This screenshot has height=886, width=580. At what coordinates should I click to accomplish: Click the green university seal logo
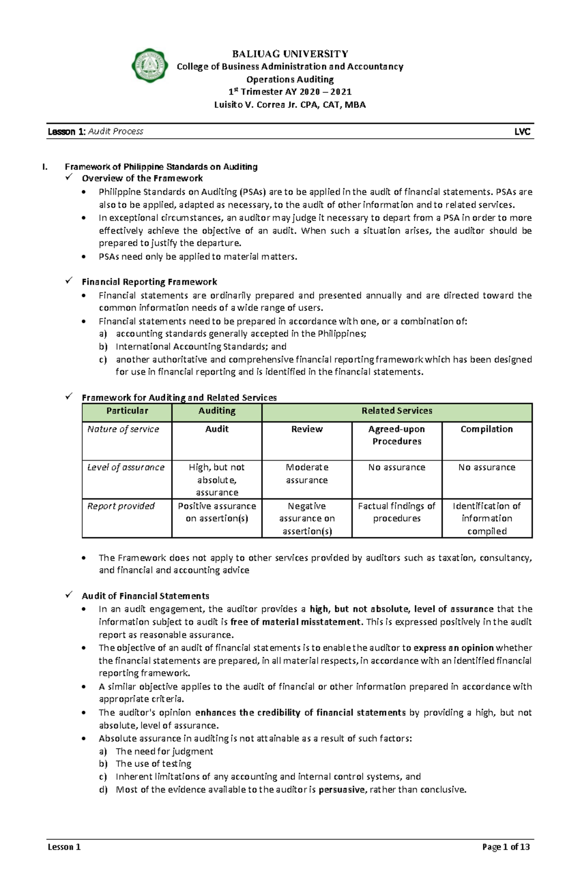coord(150,66)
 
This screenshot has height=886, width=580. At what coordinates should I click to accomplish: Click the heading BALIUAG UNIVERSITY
coord(290,54)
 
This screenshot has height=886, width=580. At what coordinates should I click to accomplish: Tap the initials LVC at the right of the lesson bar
coord(522,132)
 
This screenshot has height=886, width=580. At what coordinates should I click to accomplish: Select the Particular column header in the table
coord(127,411)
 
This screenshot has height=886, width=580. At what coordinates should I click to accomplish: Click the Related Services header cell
coord(397,411)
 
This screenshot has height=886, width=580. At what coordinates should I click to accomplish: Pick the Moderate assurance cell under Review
coord(307,474)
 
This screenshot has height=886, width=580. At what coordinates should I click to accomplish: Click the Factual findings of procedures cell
coord(397,512)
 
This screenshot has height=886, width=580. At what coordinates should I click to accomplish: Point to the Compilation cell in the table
coord(487,429)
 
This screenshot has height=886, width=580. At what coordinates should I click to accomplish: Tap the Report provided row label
coord(121,506)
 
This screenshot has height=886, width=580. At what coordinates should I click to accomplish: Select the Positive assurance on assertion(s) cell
coord(217,512)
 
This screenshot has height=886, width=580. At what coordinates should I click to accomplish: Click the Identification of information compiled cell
coord(487,519)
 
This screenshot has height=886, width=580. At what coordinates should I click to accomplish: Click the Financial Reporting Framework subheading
coord(149,282)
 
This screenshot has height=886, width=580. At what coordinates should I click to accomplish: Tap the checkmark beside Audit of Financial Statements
coord(69,595)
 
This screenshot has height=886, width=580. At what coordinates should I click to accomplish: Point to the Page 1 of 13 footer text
coord(506,847)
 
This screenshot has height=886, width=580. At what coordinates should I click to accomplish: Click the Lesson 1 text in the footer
coord(64,847)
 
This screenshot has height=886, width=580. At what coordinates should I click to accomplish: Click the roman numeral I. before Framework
coord(45,167)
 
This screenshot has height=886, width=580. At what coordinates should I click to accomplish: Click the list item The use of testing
coord(153,764)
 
